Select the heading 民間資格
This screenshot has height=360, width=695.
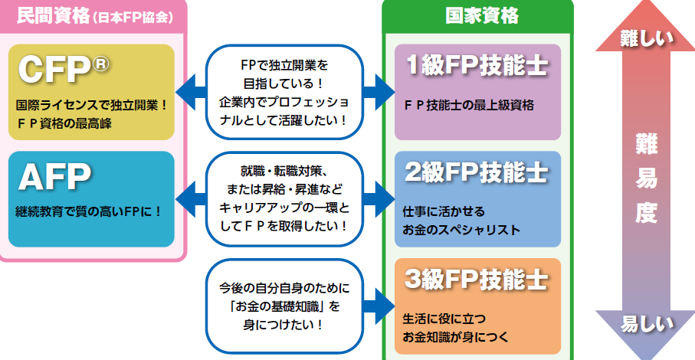coord(45,15)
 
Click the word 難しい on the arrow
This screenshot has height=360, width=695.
coord(646,36)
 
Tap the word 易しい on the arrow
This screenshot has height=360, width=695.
coord(646,322)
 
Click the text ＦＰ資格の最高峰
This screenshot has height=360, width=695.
coord(64,123)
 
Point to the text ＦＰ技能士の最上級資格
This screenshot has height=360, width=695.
coord(468,105)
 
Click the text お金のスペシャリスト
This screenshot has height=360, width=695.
coord(461,229)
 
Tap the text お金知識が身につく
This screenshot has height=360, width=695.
coord(455,336)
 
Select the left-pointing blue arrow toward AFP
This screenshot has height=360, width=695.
coord(190,199)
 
